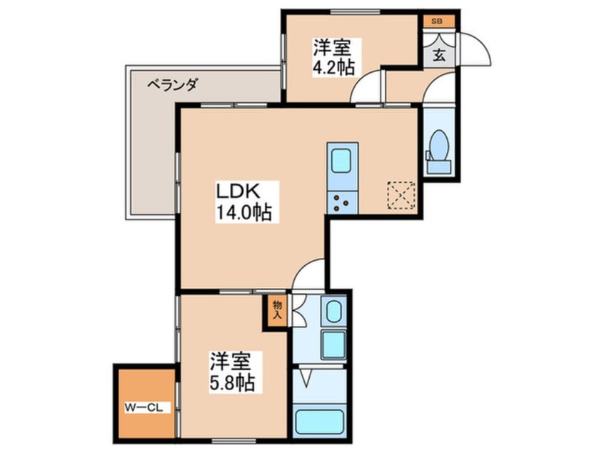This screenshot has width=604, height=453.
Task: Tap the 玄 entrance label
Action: [x=439, y=56]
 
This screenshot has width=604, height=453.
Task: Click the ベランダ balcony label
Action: [x=172, y=84]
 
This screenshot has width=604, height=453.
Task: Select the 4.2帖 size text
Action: [x=333, y=68]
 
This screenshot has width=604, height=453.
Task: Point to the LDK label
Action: [x=238, y=191]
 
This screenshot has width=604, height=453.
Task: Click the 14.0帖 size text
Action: [x=244, y=213]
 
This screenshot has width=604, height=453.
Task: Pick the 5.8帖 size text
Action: [x=231, y=383]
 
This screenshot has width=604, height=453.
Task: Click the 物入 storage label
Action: [x=278, y=310]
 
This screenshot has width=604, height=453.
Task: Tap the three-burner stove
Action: [x=343, y=203]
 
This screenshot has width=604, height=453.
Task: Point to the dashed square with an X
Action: [x=401, y=196]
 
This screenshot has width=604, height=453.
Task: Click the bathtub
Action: [x=319, y=422]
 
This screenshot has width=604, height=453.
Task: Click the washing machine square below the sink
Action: [x=333, y=344]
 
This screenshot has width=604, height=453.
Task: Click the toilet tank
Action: [x=439, y=166]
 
